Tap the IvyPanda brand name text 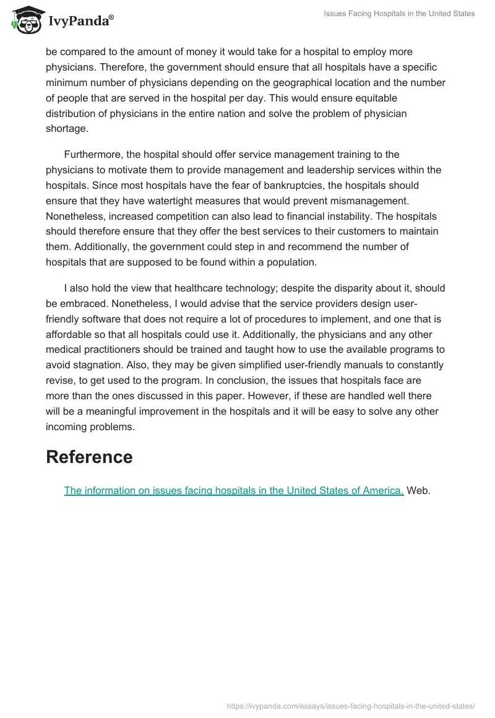(79, 22)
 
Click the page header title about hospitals (399, 14)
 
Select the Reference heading (89, 457)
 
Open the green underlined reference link (234, 490)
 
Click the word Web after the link (418, 490)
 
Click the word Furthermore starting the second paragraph (94, 154)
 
